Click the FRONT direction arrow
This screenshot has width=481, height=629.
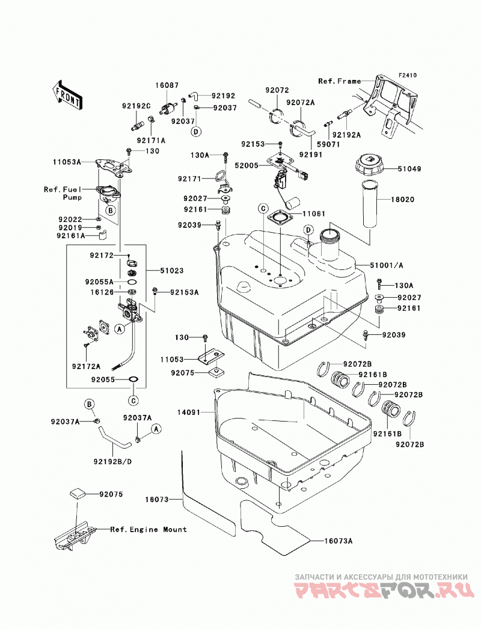point(67,94)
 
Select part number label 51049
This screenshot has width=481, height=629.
point(409,169)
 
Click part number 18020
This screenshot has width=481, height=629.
point(403,200)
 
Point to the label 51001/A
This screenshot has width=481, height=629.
point(387,265)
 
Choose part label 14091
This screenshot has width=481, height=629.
point(189,412)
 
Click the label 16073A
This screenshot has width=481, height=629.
point(338,541)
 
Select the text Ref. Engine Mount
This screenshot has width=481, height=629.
point(149,530)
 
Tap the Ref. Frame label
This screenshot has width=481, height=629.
point(339,81)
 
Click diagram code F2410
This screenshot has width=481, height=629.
point(396,75)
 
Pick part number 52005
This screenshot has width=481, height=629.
point(247,165)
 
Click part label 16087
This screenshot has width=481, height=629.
point(167,85)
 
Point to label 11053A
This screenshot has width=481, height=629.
point(67,162)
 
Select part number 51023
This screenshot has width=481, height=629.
point(172,271)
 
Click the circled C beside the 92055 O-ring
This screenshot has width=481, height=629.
point(133,400)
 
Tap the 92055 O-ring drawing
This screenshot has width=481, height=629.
point(133,379)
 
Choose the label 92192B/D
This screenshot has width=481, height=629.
point(112,462)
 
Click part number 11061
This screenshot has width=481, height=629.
point(314,214)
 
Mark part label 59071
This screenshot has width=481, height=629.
point(328,144)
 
